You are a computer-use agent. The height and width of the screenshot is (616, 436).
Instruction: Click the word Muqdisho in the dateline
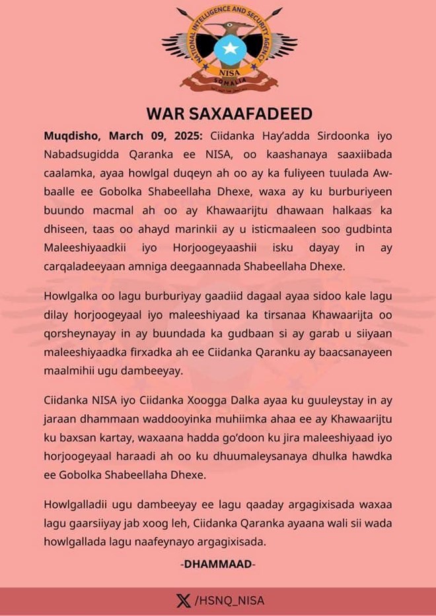[x=72, y=136]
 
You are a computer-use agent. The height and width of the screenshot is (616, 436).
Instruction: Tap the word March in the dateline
[x=127, y=136]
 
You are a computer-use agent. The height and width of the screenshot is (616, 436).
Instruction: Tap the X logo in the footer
[x=184, y=601]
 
